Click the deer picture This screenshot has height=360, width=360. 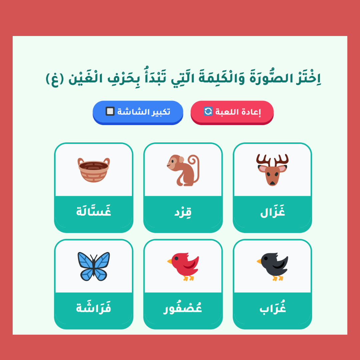click(272, 170)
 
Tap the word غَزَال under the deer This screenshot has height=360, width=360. click(273, 211)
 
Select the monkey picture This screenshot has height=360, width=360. click(183, 170)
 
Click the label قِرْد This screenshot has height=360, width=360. click(183, 212)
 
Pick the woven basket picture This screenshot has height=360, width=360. click(94, 170)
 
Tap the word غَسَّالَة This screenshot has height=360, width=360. click(94, 211)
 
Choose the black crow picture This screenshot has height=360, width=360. click(272, 267)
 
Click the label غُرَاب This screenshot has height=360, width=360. click(273, 308)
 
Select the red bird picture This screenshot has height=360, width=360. click(183, 267)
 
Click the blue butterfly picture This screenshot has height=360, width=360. click(94, 266)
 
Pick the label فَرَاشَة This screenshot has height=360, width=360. click(94, 307)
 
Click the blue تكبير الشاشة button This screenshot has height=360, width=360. click(138, 113)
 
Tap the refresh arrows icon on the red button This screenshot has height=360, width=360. click(208, 111)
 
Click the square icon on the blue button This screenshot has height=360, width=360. click(110, 111)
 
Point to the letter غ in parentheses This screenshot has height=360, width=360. click(55, 80)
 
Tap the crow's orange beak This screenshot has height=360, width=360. click(259, 261)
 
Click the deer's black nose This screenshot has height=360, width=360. click(272, 183)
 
